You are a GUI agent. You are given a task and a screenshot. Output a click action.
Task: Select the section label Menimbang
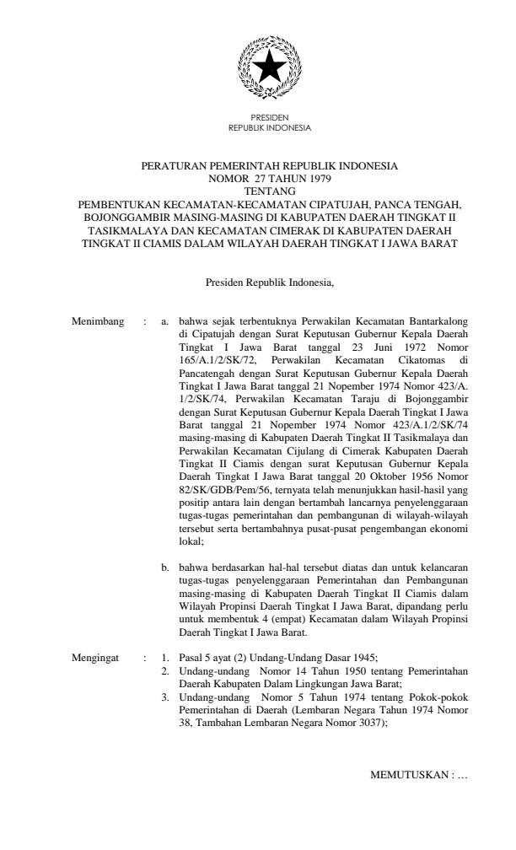99,321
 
